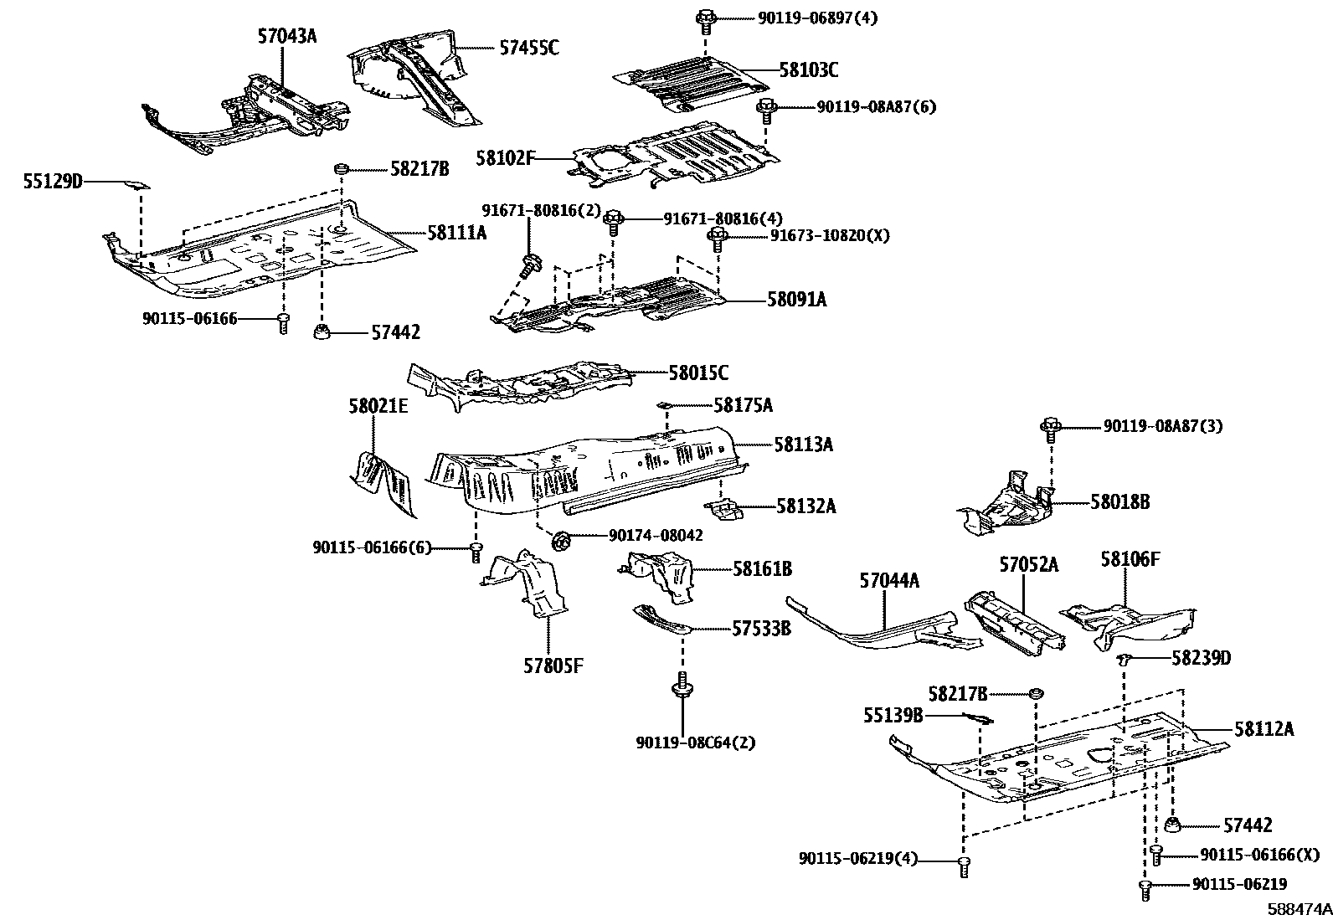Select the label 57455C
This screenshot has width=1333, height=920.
point(529,48)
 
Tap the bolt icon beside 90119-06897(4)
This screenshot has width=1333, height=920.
point(705,17)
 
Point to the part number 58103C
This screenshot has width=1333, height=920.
point(808,69)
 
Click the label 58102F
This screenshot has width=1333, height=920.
point(506,157)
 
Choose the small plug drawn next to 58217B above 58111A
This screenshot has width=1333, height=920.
point(341,169)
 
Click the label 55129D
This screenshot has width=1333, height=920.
point(53,180)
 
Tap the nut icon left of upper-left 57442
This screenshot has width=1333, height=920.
point(322,333)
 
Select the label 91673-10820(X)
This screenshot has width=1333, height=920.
point(830,235)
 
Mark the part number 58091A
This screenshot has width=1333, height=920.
point(796,299)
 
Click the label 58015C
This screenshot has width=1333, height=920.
point(697,372)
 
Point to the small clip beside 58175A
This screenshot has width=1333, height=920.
point(663,405)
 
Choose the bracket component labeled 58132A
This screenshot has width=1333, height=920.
point(725,508)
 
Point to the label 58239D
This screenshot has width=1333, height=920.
point(1201,658)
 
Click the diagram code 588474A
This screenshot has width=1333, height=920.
point(1297,908)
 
